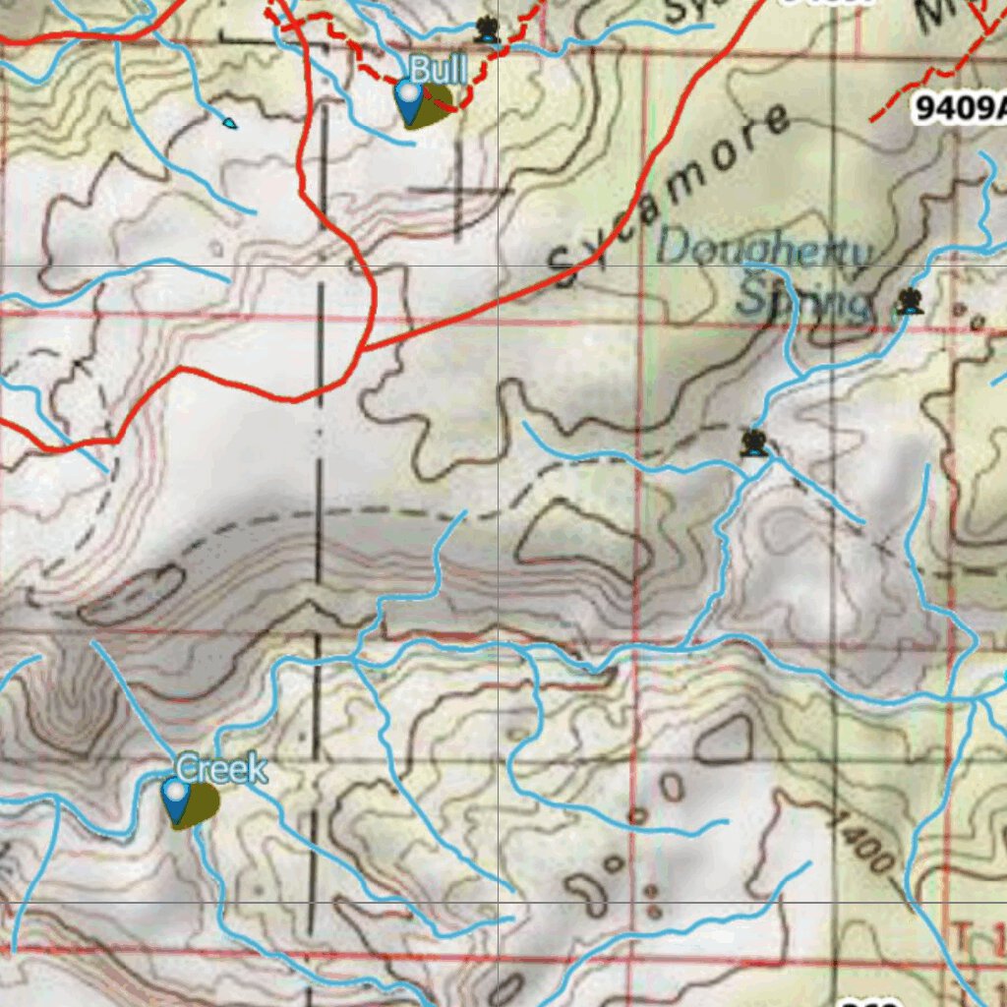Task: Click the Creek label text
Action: coord(221,769)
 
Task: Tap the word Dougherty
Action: coord(763,250)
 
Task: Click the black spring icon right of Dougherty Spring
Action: coord(910,301)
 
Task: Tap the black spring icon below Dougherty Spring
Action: coord(754,443)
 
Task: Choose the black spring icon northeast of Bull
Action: coord(486,30)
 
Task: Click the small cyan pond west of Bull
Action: coord(229,123)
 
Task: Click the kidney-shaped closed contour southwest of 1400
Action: coord(592,895)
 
